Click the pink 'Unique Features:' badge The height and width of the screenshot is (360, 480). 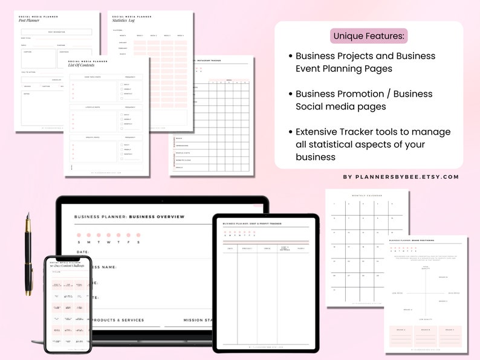[369, 36]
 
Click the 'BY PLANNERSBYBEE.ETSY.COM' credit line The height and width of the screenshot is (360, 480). [401, 177]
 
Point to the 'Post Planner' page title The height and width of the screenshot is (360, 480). [30, 21]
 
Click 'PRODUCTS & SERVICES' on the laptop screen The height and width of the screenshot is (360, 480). [118, 320]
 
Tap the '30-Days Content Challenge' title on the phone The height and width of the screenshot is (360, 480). [66, 265]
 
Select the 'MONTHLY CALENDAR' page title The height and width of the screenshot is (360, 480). [367, 195]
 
